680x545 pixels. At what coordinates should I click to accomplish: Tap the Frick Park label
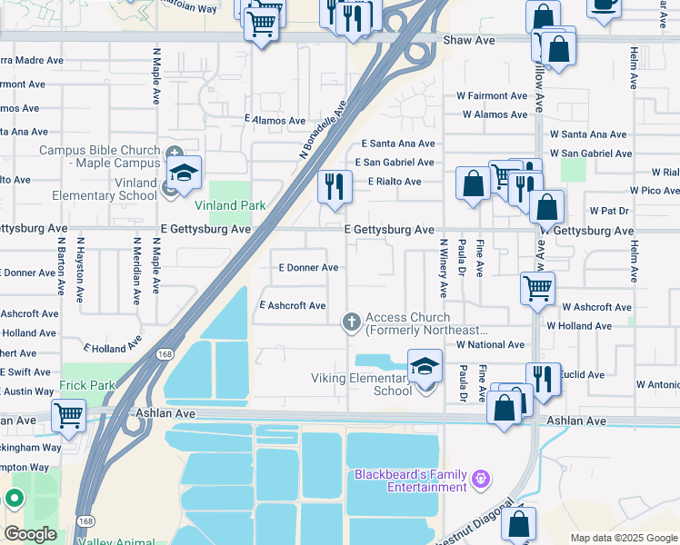tap(88, 385)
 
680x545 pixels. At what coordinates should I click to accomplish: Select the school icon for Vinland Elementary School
tap(184, 173)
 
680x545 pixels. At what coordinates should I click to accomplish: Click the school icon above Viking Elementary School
tap(425, 367)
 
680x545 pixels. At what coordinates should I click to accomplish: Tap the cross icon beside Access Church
tap(352, 322)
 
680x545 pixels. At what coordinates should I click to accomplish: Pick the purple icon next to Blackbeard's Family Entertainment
tap(482, 477)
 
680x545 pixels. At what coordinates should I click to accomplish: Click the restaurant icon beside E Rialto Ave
tap(335, 187)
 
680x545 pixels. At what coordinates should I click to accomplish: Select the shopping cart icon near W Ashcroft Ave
tap(537, 288)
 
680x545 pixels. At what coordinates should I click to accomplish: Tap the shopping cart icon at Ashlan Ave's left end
tap(68, 416)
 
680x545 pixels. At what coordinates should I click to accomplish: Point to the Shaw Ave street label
tap(468, 41)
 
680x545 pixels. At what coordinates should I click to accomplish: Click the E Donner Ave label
tap(308, 268)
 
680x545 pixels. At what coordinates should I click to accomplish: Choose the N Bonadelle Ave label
tap(324, 130)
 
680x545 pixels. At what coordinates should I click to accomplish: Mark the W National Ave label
tap(490, 345)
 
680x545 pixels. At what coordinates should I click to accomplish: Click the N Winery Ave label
tap(444, 268)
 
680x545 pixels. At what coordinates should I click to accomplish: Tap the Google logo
tap(30, 533)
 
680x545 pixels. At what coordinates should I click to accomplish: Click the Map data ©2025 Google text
tap(623, 538)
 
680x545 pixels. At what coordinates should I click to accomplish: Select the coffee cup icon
tap(605, 4)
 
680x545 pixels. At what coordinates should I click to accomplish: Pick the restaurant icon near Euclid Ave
tap(543, 378)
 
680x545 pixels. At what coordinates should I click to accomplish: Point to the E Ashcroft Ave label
tap(293, 306)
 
